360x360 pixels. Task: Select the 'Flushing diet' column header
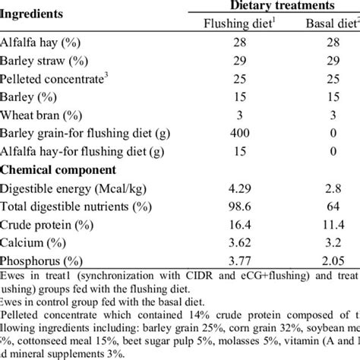point(230,22)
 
